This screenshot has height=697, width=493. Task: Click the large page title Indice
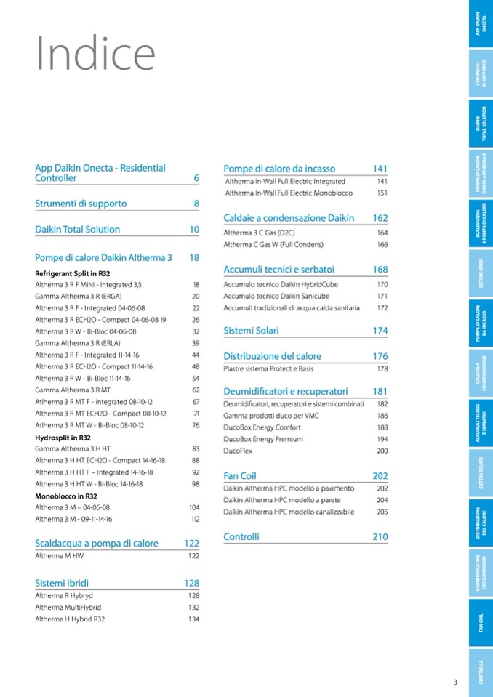(96, 54)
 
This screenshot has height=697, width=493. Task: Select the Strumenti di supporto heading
(81, 204)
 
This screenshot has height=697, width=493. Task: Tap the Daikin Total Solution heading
(78, 230)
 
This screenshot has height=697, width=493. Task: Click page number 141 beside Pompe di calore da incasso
(380, 169)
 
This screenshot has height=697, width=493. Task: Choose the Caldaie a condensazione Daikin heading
(289, 218)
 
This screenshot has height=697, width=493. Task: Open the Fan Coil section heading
(240, 476)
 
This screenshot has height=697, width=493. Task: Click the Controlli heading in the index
(241, 537)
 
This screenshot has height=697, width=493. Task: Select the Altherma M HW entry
(59, 556)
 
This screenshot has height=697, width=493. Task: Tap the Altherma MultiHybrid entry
(68, 608)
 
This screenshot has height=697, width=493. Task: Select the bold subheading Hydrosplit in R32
(63, 438)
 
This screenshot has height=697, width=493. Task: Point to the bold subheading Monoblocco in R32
(66, 496)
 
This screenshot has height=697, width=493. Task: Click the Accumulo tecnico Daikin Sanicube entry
(276, 297)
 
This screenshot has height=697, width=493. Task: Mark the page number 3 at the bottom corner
(455, 682)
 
